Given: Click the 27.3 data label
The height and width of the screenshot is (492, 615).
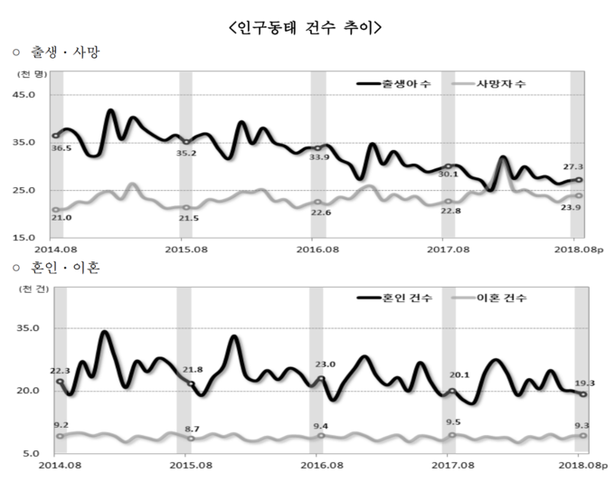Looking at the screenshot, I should tap(571, 167).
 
